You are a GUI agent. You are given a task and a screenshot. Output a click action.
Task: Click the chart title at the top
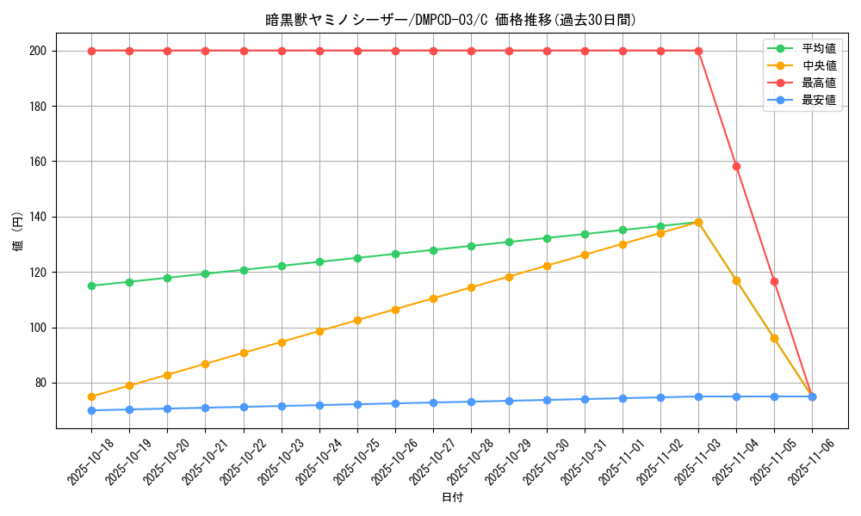pos(451,20)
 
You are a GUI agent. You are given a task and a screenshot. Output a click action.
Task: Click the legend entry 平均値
pos(819,48)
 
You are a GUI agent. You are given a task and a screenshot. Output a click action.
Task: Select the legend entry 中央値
pos(819,65)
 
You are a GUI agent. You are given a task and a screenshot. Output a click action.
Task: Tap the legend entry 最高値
pos(819,83)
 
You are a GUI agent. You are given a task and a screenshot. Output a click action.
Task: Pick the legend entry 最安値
pos(819,100)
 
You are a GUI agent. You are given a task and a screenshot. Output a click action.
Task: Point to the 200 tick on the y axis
pos(38,51)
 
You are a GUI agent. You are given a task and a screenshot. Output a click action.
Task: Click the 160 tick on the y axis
pos(38,162)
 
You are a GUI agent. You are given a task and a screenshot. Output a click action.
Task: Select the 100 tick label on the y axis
pos(38,328)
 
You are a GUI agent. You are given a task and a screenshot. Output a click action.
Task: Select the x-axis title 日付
pos(452,498)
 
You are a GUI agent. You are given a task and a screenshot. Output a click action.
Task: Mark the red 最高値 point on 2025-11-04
pos(736,166)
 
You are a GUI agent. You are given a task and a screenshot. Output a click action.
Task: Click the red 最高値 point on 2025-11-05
pos(774,281)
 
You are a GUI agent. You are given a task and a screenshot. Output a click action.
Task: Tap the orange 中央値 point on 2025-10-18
pos(92,396)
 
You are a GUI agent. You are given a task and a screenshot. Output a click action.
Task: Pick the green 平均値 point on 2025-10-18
pos(92,286)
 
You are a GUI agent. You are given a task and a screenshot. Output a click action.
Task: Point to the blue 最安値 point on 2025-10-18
pos(92,410)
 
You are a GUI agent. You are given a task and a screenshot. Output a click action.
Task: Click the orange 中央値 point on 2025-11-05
pos(774,338)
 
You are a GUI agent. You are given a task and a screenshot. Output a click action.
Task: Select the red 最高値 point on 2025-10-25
pos(357,51)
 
